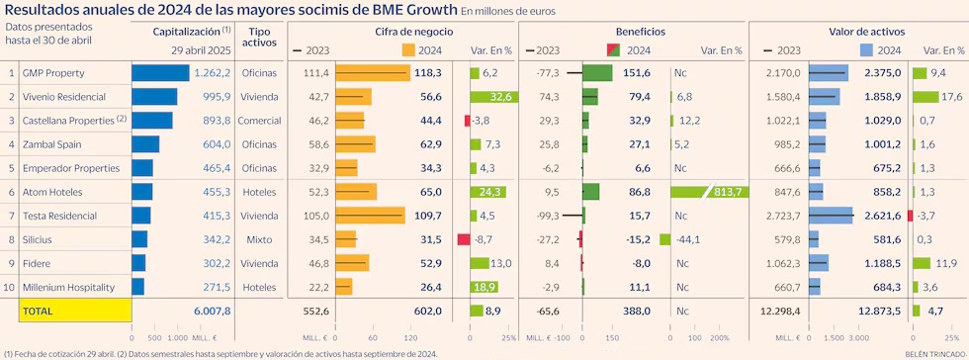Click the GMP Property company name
pos(53,73)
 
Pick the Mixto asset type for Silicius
pos(260,239)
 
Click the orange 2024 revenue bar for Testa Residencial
pos(370,216)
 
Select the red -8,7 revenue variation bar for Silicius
pos(463,239)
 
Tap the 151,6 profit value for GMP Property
pos(636,73)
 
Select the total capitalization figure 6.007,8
pos(210,311)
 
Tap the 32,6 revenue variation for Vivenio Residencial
pos(500,97)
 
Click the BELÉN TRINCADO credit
pos(932,353)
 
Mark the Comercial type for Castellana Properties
pos(260,121)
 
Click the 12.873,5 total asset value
pos(879,311)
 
